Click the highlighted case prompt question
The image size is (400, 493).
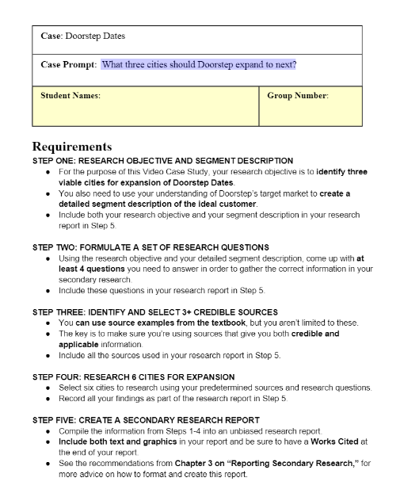198,64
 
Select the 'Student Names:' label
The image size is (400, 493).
70,96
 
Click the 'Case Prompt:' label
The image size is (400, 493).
68,64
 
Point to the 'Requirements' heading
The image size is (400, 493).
72,147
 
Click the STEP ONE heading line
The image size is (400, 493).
162,160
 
